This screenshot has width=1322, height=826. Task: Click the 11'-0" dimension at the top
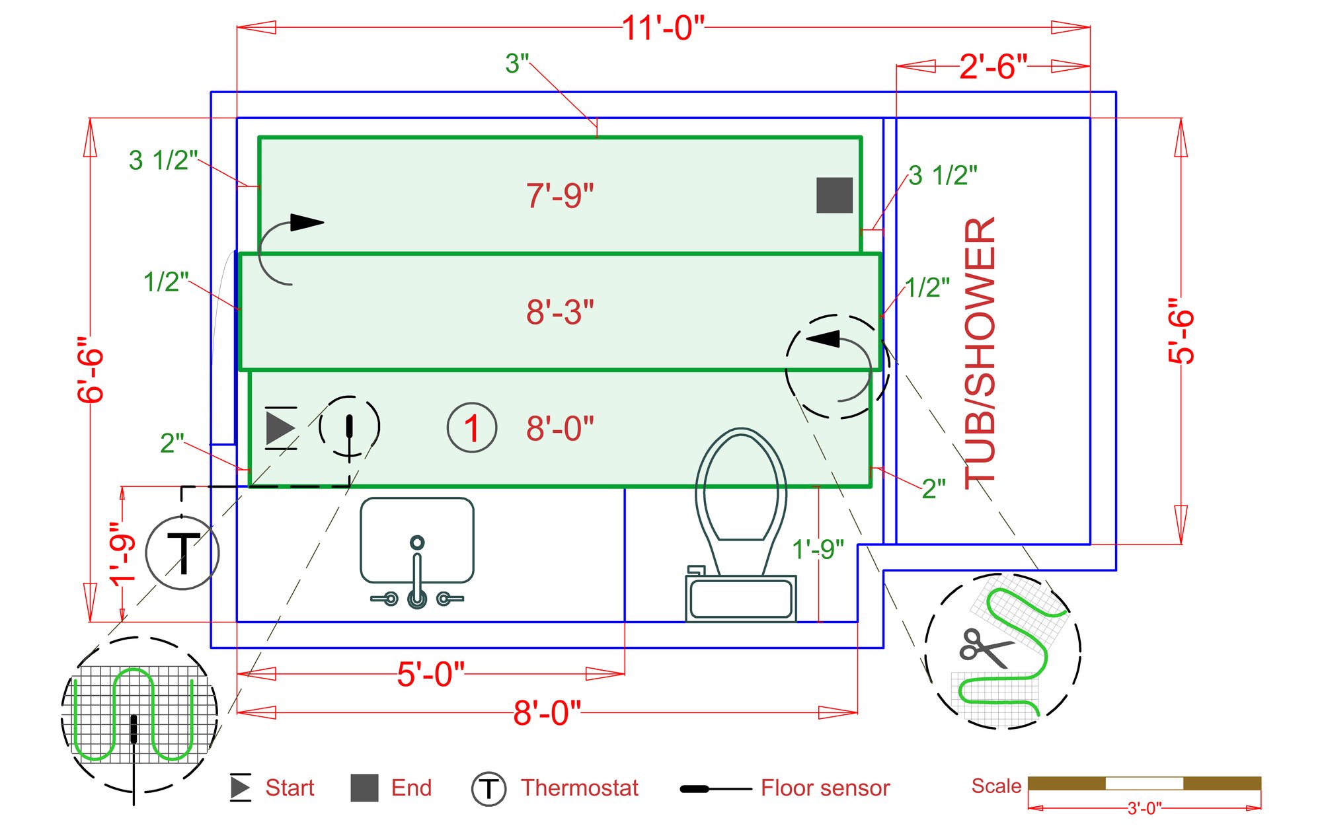click(663, 28)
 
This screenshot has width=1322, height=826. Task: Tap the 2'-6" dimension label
click(993, 67)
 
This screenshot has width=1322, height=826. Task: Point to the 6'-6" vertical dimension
click(91, 369)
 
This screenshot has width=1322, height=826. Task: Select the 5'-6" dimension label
click(1181, 331)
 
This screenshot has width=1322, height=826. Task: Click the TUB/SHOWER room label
click(980, 354)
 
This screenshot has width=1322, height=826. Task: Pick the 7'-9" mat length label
click(560, 196)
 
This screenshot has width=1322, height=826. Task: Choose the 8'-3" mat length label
click(560, 313)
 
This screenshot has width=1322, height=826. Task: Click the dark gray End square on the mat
click(834, 195)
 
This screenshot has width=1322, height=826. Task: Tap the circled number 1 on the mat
click(472, 428)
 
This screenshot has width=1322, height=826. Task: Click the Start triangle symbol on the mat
click(280, 428)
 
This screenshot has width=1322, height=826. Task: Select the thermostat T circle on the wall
click(182, 552)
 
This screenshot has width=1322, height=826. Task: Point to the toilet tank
click(740, 597)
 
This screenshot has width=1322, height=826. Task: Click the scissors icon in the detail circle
click(984, 648)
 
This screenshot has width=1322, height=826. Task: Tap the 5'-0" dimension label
click(430, 675)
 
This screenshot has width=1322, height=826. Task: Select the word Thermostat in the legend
click(579, 788)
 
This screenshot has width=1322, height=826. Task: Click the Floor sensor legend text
click(825, 788)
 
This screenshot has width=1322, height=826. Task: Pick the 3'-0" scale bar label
click(1144, 808)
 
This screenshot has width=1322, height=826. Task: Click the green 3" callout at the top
click(517, 64)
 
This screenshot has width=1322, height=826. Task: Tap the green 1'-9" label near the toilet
click(818, 549)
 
